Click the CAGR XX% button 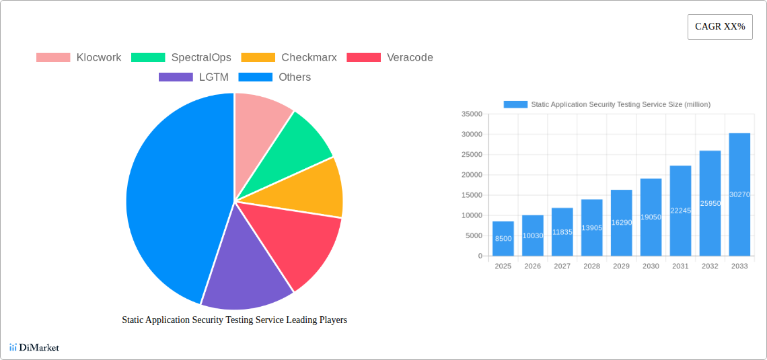tap(719, 27)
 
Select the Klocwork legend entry tap(79, 58)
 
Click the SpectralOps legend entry tap(181, 58)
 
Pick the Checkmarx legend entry tap(289, 58)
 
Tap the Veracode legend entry tap(390, 58)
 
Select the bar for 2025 tap(503, 239)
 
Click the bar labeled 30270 tap(739, 194)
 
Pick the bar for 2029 tap(621, 223)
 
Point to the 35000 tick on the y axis tap(472, 114)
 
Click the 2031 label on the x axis tap(680, 266)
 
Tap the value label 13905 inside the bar tap(591, 228)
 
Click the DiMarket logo tap(34, 348)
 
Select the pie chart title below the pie tap(234, 320)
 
